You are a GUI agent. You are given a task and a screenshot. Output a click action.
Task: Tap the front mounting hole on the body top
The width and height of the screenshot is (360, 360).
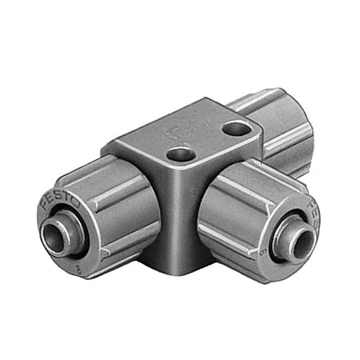pyautogui.click(x=181, y=154)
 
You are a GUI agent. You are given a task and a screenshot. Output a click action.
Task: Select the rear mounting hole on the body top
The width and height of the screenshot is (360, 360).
pyautogui.click(x=234, y=126)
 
